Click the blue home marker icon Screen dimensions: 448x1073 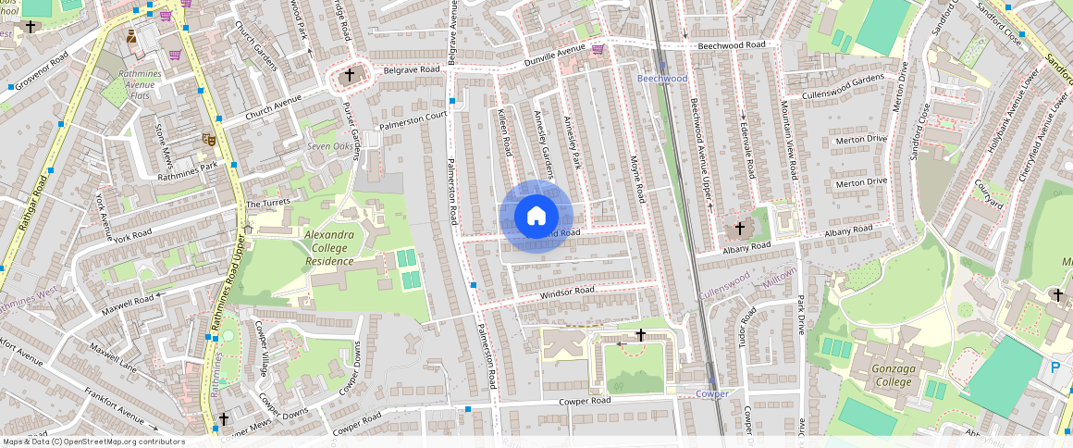point(536,217)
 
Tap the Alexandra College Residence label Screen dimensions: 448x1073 point(330,248)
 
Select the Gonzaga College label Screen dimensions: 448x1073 point(887,375)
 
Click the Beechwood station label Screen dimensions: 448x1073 point(662,79)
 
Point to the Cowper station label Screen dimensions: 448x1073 point(711,393)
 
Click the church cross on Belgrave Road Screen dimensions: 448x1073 point(350,75)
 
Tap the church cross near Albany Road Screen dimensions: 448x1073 point(739,227)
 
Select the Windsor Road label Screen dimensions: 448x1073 point(568,292)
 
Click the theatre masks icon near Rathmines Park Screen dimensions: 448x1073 point(209,139)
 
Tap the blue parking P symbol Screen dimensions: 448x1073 point(1054,368)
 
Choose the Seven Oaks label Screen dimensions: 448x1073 point(329,147)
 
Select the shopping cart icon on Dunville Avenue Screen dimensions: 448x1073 point(598,49)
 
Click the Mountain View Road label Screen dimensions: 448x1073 point(789,139)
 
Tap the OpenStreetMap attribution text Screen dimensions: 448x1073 point(93,442)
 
